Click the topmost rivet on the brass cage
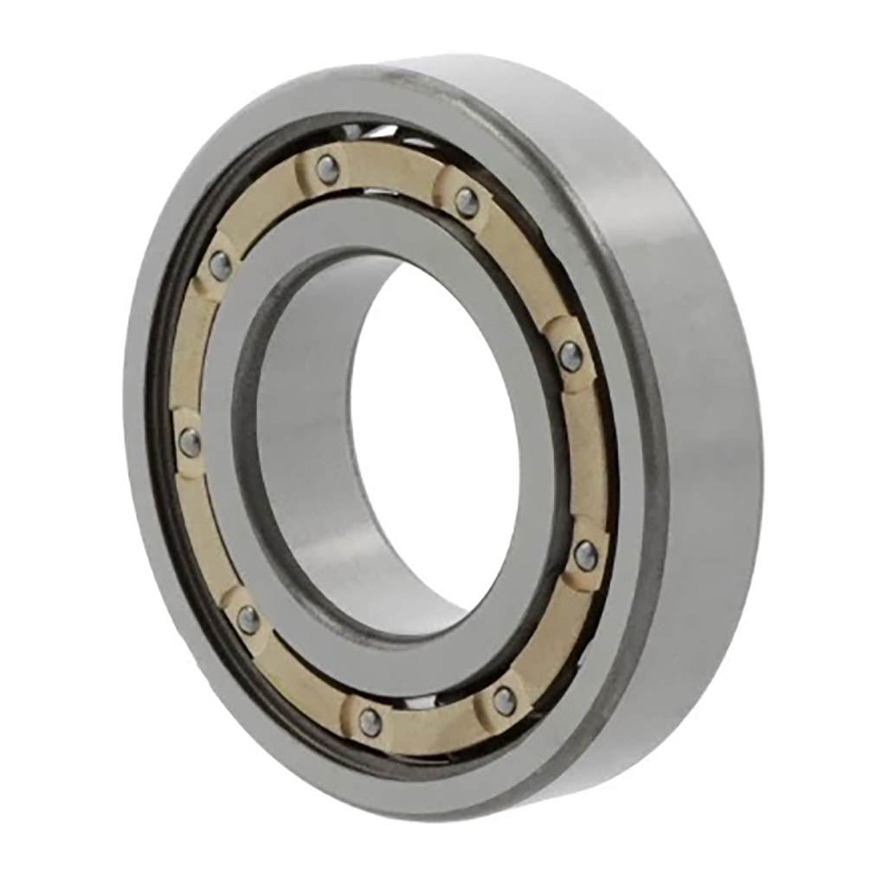327,169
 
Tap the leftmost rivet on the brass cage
190,443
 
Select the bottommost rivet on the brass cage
371,722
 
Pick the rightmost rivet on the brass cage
586,555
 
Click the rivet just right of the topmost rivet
467,202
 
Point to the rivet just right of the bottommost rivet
505,700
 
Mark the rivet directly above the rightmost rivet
570,356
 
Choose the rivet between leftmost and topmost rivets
221,264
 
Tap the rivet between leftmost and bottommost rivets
248,619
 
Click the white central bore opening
433,433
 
